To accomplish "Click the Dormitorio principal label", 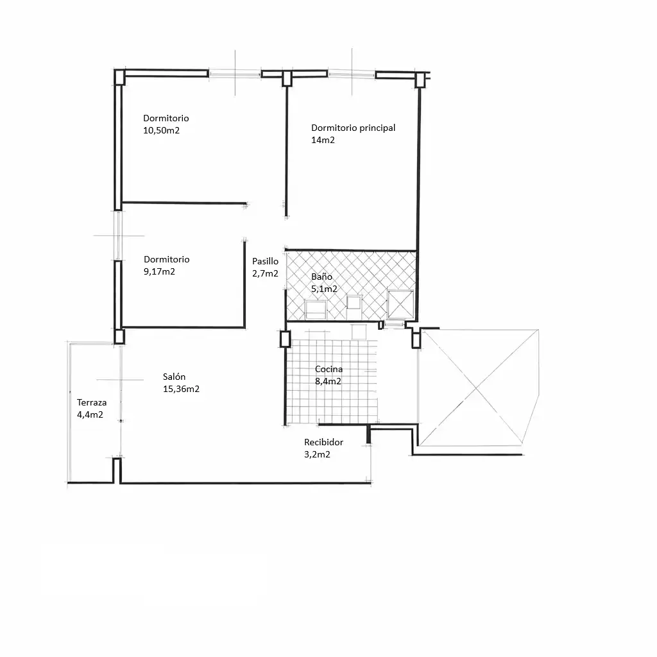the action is pyautogui.click(x=354, y=128).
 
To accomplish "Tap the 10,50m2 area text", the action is pyautogui.click(x=161, y=130).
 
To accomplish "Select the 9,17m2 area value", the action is pyautogui.click(x=159, y=271).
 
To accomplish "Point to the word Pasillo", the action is pyautogui.click(x=265, y=261).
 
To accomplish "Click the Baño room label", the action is pyautogui.click(x=322, y=277).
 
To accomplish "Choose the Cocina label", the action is pyautogui.click(x=329, y=369).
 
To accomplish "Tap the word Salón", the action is pyautogui.click(x=175, y=377).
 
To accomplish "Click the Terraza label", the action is pyautogui.click(x=92, y=403).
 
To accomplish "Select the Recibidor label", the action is pyautogui.click(x=324, y=442).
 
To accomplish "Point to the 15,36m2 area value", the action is pyautogui.click(x=181, y=389).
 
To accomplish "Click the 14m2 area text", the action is pyautogui.click(x=323, y=140).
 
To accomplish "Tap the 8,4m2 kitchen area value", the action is pyautogui.click(x=328, y=381).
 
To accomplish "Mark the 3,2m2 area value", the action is pyautogui.click(x=317, y=454).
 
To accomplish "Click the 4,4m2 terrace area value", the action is pyautogui.click(x=90, y=415).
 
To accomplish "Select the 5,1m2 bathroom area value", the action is pyautogui.click(x=324, y=289).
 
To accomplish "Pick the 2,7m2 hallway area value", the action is pyautogui.click(x=265, y=273).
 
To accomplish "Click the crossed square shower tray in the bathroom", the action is pyautogui.click(x=400, y=303).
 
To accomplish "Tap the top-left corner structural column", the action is pyautogui.click(x=119, y=78).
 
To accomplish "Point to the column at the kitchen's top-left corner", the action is pyautogui.click(x=285, y=339).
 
